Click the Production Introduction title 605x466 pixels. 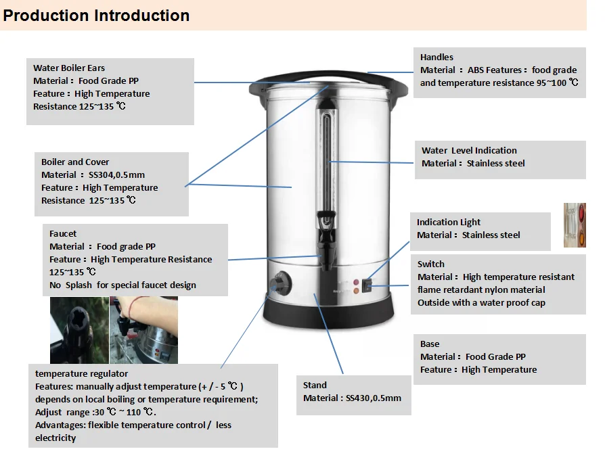[96, 15]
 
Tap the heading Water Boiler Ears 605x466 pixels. [69, 68]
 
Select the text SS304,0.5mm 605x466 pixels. [116, 174]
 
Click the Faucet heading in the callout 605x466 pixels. [63, 233]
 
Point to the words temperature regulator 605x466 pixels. [81, 373]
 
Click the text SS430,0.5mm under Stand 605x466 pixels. [374, 398]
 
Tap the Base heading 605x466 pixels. [430, 344]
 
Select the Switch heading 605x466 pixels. [431, 264]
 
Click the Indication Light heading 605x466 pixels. [449, 222]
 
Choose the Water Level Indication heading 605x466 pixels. [469, 150]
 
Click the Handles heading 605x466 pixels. [436, 57]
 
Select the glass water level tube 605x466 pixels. [328, 156]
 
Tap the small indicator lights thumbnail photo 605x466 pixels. [575, 225]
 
